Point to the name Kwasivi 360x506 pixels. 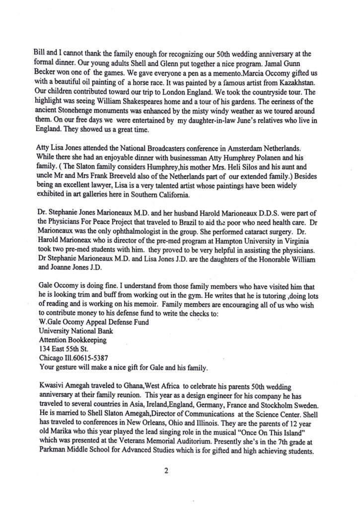[x=52, y=399]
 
